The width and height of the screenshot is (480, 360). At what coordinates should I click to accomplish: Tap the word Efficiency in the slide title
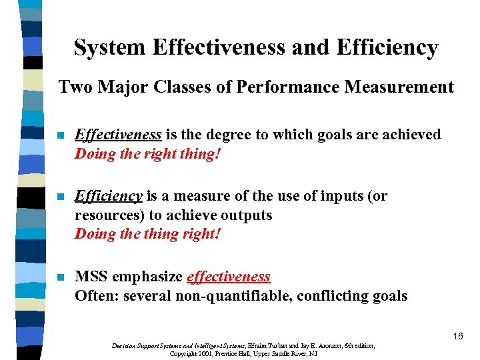(387, 48)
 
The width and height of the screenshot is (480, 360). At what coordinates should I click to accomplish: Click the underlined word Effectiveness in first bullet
(118, 135)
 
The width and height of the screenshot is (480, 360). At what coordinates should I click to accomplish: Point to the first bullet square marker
(61, 135)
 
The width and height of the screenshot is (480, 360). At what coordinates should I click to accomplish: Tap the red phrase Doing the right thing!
(147, 153)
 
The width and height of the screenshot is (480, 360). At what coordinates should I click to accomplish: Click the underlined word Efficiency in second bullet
(108, 196)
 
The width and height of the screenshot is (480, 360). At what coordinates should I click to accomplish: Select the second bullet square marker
(61, 197)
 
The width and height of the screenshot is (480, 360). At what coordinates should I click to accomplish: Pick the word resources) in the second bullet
(108, 215)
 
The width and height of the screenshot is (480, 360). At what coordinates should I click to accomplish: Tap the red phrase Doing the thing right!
(147, 234)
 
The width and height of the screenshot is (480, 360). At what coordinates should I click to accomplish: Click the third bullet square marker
(61, 277)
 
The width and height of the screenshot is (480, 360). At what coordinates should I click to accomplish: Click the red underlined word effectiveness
(229, 277)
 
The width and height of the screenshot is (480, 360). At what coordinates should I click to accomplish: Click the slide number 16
(457, 336)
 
